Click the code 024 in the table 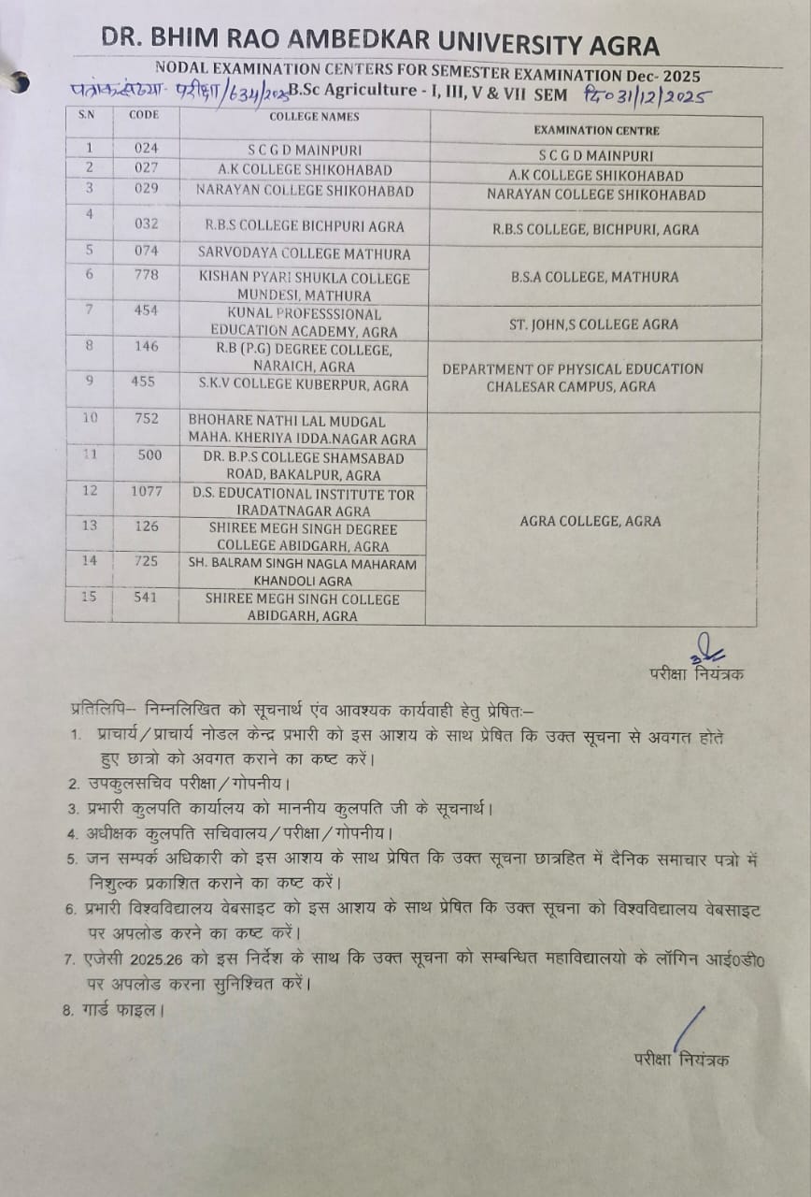[146, 148]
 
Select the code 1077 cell [146, 490]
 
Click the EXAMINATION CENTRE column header [596, 131]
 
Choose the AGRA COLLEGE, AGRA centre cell [590, 521]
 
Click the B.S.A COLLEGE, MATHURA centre [594, 277]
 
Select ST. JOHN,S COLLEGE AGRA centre [595, 324]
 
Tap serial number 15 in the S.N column [90, 596]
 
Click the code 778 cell [146, 274]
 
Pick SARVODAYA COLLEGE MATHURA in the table [304, 253]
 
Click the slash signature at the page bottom [688, 1028]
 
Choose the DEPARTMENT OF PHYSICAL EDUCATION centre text [572, 368]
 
